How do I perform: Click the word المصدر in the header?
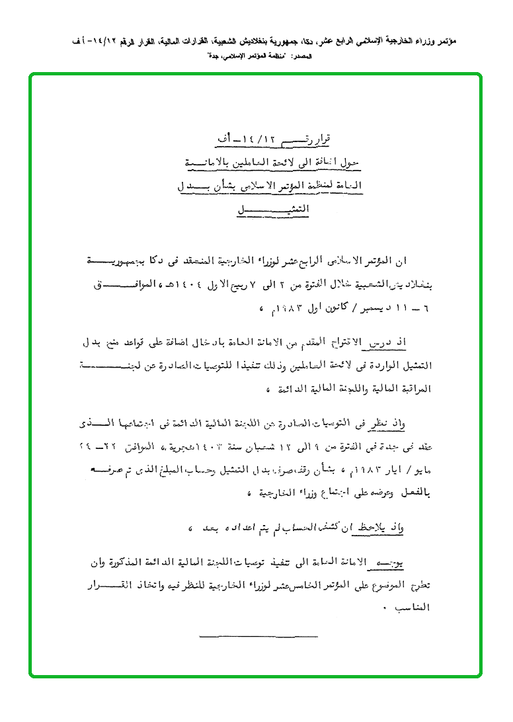[303, 57]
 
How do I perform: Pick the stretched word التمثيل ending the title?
[274, 210]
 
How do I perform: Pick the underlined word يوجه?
[415, 563]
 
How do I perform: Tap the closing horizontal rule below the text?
[258, 637]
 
